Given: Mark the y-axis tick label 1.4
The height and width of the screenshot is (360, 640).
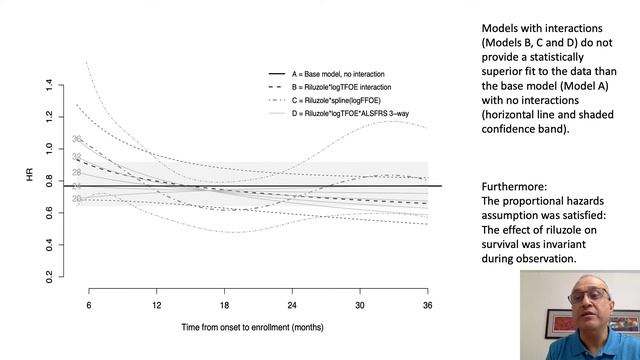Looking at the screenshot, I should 49,88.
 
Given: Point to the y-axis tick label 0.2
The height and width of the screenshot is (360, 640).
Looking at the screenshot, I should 49,274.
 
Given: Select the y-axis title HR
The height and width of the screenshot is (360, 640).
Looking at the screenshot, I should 32,181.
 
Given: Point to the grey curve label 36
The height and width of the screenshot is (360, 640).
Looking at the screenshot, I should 77,140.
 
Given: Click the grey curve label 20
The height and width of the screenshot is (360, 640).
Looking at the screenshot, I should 77,199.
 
